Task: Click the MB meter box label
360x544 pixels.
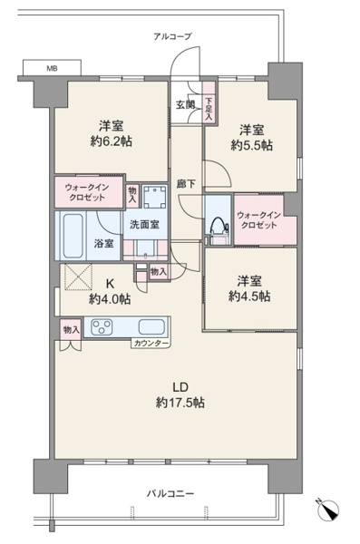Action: coord(52,68)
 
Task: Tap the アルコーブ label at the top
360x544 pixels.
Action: coord(172,36)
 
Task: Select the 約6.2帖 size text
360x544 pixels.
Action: coord(112,141)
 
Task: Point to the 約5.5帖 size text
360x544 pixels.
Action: coord(252,145)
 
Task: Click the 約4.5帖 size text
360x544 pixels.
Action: coord(249,296)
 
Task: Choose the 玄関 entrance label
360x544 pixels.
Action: coord(185,104)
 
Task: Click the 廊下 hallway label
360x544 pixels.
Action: coord(186,184)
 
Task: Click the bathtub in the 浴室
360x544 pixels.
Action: coord(73,236)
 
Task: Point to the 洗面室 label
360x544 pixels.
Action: coord(144,225)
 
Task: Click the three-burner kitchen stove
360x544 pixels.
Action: coord(102,326)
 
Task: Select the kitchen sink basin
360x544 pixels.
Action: coord(151,326)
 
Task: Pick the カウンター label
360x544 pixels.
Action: coord(151,344)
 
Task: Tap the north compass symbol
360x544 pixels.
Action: coord(328,510)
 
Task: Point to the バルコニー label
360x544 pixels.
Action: coord(170,493)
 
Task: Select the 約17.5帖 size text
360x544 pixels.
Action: coord(180,403)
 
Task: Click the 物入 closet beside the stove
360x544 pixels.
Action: coord(71,330)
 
